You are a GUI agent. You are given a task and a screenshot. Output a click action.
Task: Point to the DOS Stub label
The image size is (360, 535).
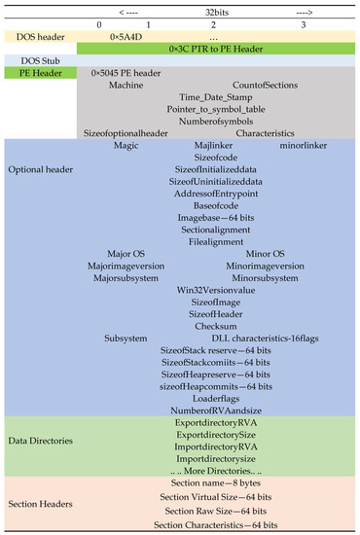pyautogui.click(x=36, y=60)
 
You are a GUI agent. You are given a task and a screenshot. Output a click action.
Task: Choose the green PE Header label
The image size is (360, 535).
pyautogui.click(x=36, y=74)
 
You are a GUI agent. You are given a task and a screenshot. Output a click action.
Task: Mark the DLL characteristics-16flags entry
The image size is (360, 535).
pyautogui.click(x=263, y=338)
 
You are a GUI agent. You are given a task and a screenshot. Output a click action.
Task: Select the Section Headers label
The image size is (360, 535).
pyautogui.click(x=41, y=503)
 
